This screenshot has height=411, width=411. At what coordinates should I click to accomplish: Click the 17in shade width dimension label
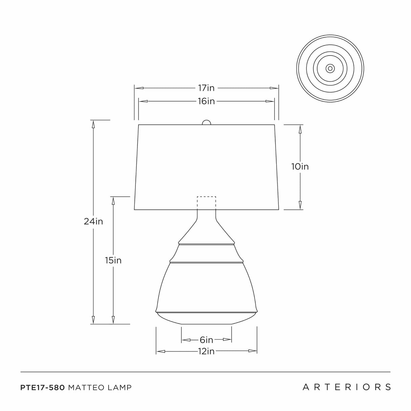coord(206,88)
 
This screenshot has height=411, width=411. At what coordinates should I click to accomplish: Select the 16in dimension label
coord(206,101)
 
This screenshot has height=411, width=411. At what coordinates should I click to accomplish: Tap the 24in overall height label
coord(93,221)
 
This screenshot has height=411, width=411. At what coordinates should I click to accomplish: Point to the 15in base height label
coord(113,260)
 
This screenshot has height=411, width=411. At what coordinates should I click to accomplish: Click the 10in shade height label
coord(300,167)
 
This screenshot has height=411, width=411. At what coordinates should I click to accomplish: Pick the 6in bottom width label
coord(206,340)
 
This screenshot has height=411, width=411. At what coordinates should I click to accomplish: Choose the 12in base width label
coord(206,351)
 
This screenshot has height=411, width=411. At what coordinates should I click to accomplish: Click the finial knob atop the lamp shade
coord(206,123)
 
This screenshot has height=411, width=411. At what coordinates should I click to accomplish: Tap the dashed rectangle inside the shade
coord(207,202)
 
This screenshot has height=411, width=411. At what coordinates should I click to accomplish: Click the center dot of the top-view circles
coord(330,68)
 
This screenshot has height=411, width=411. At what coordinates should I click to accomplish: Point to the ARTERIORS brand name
coord(347,387)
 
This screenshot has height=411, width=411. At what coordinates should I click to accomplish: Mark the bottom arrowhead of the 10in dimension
coord(300,205)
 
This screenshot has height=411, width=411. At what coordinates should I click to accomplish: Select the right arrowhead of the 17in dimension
coord(274,88)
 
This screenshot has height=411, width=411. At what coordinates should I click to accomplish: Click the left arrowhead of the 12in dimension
coord(160,351)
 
